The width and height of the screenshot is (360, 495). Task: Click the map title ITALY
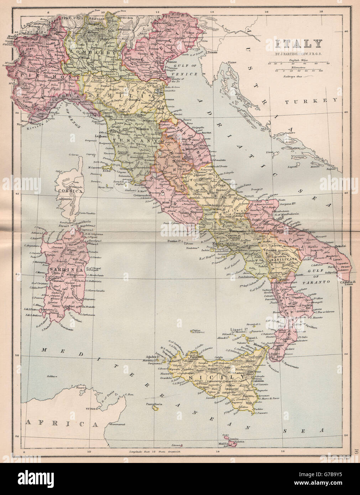click(298, 44)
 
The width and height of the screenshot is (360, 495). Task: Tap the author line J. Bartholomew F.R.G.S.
click(298, 54)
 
